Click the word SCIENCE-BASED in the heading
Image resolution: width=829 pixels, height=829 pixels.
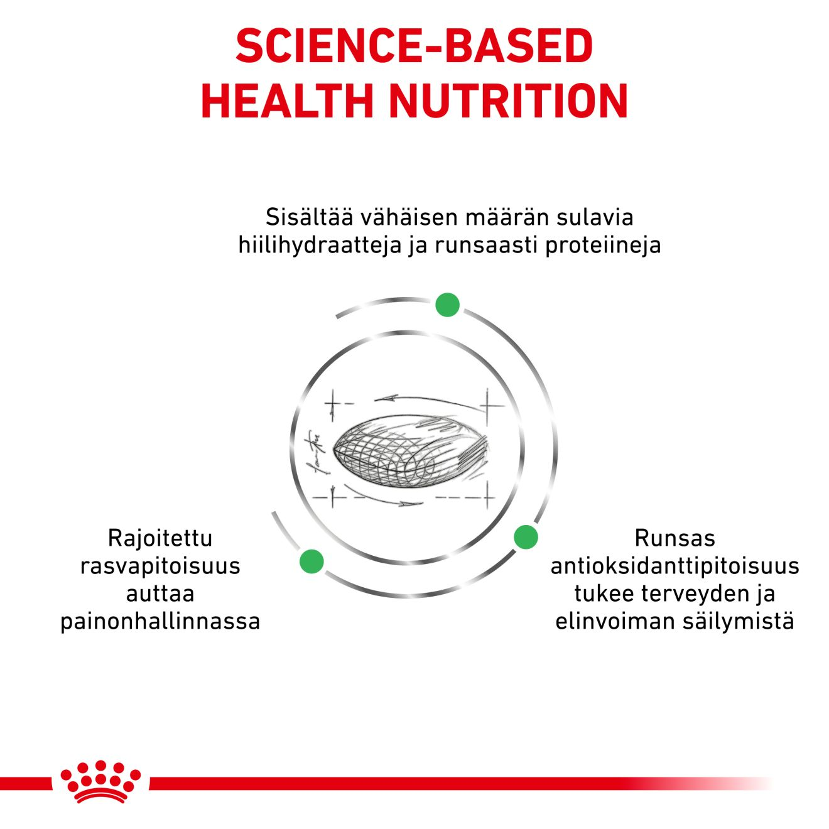pyautogui.click(x=414, y=46)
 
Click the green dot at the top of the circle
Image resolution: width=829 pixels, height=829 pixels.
pyautogui.click(x=447, y=305)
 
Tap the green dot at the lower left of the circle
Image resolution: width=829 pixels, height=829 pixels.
pyautogui.click(x=312, y=561)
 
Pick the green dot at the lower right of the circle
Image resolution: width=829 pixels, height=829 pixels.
pyautogui.click(x=526, y=537)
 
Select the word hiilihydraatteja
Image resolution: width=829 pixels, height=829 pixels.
pyautogui.click(x=319, y=245)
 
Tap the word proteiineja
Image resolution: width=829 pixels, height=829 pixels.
pyautogui.click(x=603, y=245)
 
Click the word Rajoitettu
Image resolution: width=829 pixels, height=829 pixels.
pyautogui.click(x=160, y=538)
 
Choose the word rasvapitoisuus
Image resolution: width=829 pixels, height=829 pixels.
pyautogui.click(x=160, y=566)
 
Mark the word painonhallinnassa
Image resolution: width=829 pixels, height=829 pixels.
pyautogui.click(x=160, y=621)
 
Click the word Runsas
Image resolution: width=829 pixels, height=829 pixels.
pyautogui.click(x=675, y=538)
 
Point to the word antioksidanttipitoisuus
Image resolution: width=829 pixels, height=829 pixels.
pyautogui.click(x=675, y=566)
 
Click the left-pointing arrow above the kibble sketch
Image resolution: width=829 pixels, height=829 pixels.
pyautogui.click(x=386, y=398)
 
